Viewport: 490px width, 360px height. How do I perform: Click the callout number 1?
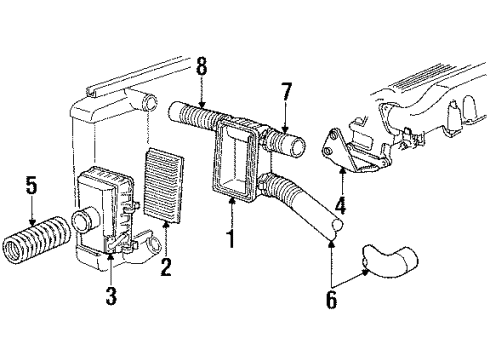(231, 240)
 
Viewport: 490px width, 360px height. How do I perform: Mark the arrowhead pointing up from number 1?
(231, 201)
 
